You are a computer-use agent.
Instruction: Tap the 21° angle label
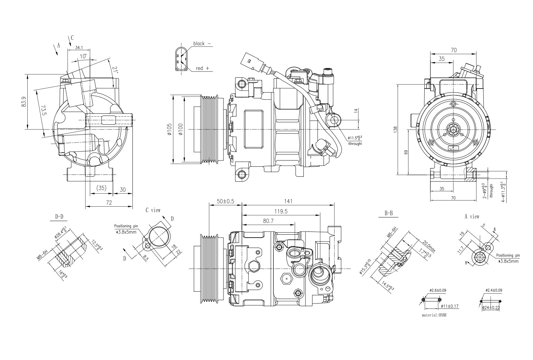coord(115,70)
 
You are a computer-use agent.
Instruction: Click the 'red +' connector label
coord(202,68)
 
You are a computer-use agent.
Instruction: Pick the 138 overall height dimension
coord(395,129)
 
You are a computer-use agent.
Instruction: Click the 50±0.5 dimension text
coord(225,201)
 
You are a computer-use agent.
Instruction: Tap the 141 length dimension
coord(288,201)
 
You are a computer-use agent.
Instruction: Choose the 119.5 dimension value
coord(281,212)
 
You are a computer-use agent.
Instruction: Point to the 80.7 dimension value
coord(268,221)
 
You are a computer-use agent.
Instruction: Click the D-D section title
coord(59,217)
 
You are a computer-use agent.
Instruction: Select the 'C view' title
coord(153,210)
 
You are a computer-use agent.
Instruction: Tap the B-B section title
coord(389,213)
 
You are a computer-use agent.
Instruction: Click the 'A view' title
coord(472,217)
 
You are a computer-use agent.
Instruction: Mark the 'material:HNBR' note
coord(436,314)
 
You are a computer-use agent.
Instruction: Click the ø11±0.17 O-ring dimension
coord(450,306)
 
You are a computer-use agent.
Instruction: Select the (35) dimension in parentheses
coord(101,188)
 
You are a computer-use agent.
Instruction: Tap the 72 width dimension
coord(109,203)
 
